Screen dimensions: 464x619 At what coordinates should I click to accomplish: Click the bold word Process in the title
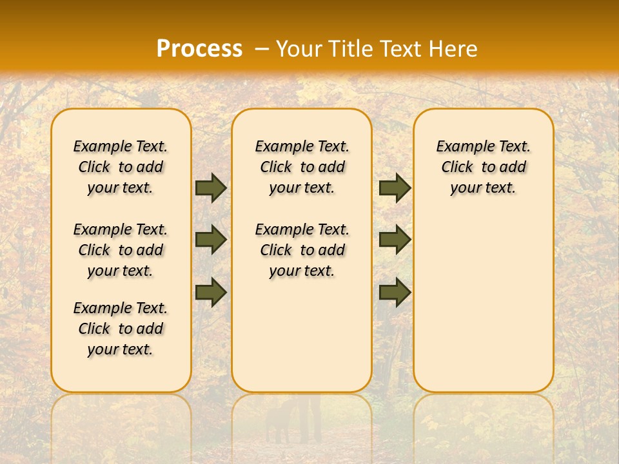199,48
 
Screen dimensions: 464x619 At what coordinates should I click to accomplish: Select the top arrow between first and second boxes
210,188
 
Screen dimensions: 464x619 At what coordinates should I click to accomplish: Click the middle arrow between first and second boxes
210,239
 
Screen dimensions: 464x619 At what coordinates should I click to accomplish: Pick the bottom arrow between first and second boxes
210,291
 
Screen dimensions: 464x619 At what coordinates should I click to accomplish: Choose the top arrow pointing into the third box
395,188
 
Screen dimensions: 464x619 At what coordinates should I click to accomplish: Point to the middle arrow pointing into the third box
395,239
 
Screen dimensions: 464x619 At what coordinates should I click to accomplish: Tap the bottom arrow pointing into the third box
395,291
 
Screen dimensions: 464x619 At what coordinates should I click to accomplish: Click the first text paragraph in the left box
121,167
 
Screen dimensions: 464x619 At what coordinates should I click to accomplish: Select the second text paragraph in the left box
121,250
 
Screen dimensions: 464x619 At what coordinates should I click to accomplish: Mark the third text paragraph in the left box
121,329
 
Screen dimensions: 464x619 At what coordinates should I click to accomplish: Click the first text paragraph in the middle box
302,167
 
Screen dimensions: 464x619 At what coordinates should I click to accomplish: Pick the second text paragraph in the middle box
302,250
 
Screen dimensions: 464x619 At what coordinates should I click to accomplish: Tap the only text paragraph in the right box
484,167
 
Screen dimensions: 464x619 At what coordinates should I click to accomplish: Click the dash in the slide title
262,48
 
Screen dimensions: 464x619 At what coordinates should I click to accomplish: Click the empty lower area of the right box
484,309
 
